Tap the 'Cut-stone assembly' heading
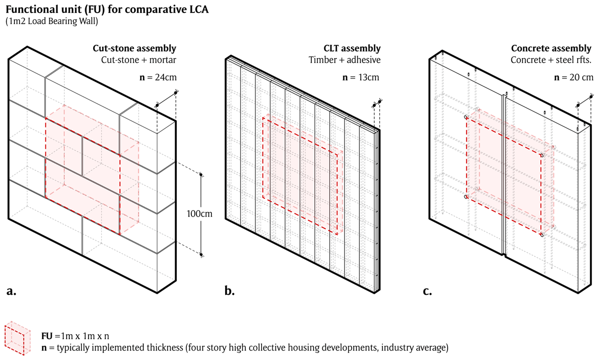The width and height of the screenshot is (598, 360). click(134, 49)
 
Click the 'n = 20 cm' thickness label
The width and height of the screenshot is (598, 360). click(574, 78)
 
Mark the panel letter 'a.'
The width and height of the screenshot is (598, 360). click(12, 292)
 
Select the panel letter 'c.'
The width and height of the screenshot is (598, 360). click(427, 292)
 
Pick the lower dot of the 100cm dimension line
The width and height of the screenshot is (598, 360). click(201, 255)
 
